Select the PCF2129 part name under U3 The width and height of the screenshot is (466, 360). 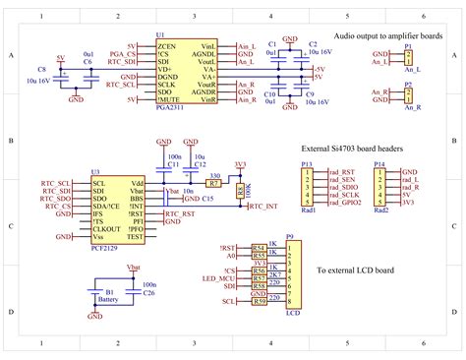(x=105, y=249)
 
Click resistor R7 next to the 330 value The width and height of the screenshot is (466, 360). (x=212, y=183)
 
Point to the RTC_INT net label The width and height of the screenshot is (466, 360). (x=263, y=208)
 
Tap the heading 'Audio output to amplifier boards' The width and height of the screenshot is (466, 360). (x=388, y=36)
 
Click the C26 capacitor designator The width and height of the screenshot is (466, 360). (x=148, y=293)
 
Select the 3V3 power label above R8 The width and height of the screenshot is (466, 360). (x=240, y=164)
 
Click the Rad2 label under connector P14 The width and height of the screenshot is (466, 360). (x=380, y=210)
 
